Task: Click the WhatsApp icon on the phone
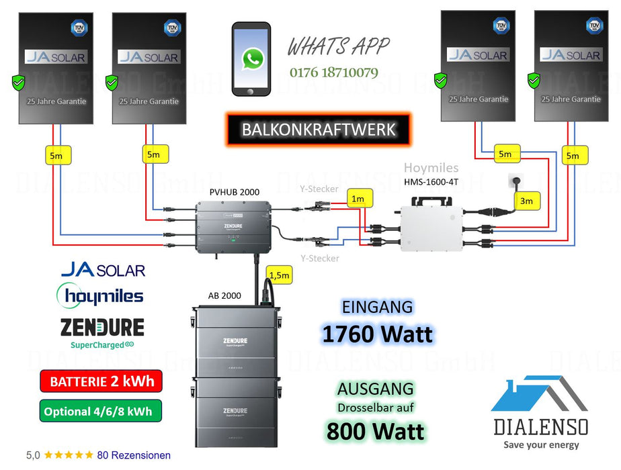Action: [x=252, y=59]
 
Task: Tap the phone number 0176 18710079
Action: [x=334, y=72]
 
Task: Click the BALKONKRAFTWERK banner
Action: [x=318, y=128]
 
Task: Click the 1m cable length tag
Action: [x=358, y=199]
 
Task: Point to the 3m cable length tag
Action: [x=526, y=200]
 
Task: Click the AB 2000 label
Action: [x=225, y=295]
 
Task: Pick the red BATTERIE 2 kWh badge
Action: [x=100, y=381]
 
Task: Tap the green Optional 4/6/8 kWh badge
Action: [x=100, y=410]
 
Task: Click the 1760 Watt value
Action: [x=377, y=334]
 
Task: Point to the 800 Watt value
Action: [x=376, y=430]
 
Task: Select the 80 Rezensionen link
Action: [x=134, y=455]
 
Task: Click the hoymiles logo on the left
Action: [x=100, y=295]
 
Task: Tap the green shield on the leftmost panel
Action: [x=18, y=83]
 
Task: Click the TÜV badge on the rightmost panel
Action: [x=594, y=26]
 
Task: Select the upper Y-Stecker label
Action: [x=319, y=190]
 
